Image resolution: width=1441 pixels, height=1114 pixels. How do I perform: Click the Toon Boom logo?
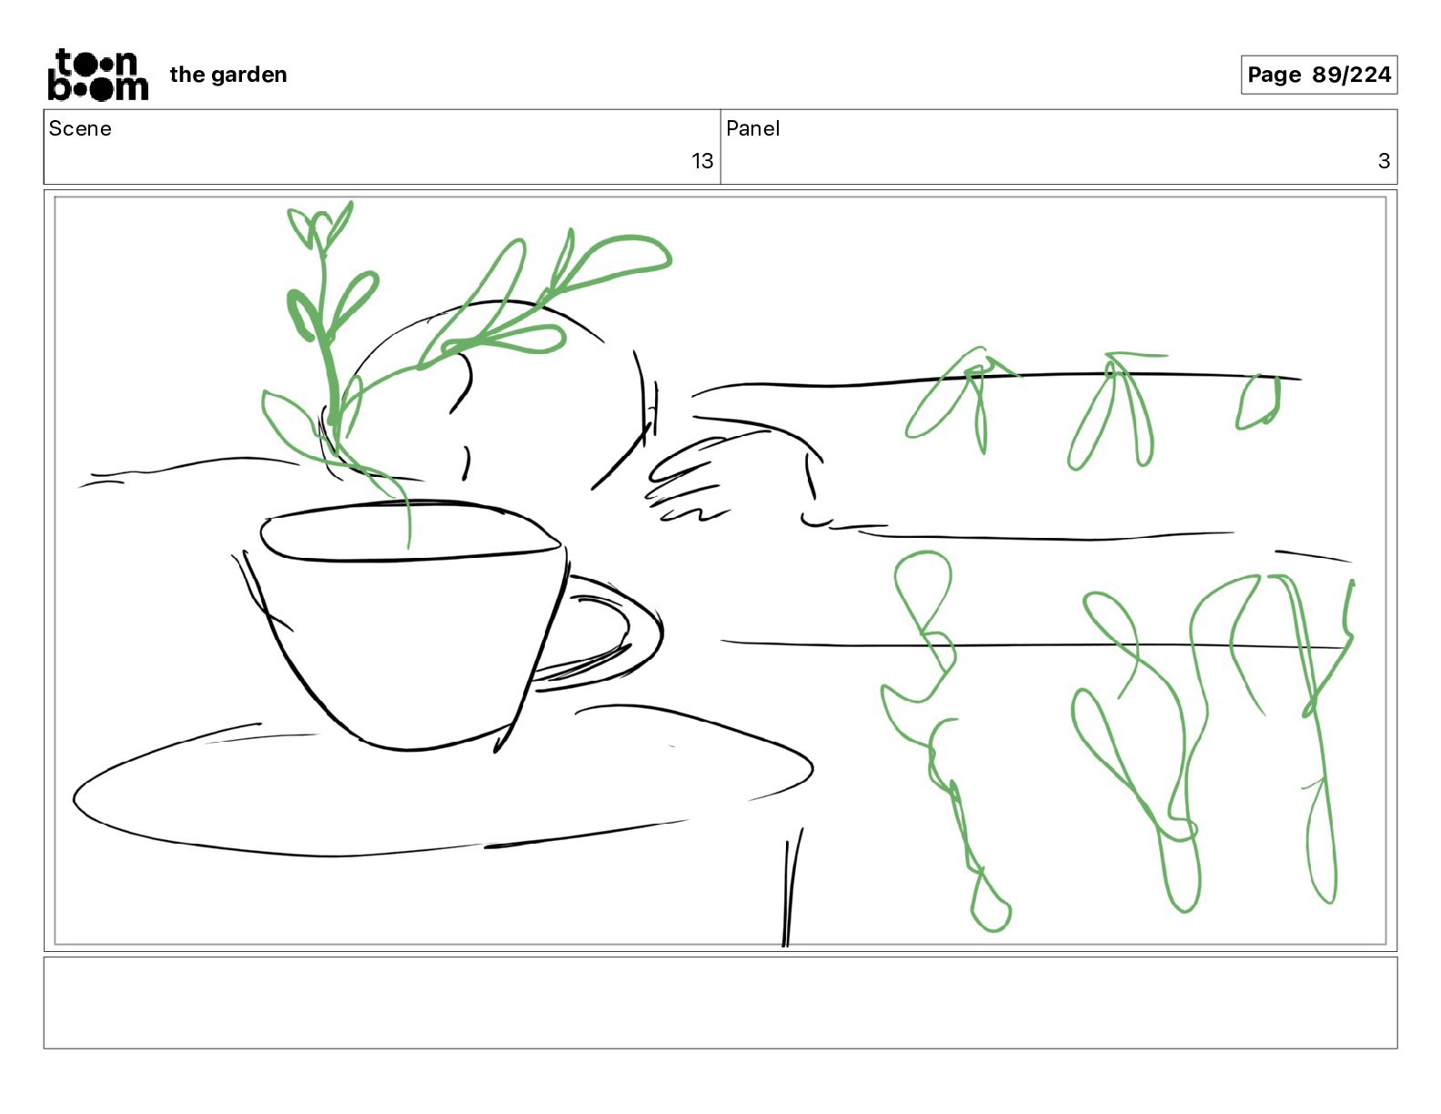coord(98,75)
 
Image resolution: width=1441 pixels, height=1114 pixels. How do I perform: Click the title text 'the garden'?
coord(228,75)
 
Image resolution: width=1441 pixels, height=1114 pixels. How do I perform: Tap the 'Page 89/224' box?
coord(1318,75)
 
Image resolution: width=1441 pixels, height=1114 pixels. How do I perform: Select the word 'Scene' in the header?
coord(80,128)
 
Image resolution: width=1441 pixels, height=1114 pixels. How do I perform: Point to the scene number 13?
coord(702,160)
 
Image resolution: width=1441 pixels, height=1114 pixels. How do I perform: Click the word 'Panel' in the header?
coord(752,128)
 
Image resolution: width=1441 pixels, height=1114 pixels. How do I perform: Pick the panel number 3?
coord(1384,160)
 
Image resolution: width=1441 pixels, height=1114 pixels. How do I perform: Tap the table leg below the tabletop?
coord(791,886)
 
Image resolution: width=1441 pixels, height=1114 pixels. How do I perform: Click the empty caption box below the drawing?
coord(720,1003)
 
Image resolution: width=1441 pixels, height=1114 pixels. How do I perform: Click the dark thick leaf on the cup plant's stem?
coord(302,315)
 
